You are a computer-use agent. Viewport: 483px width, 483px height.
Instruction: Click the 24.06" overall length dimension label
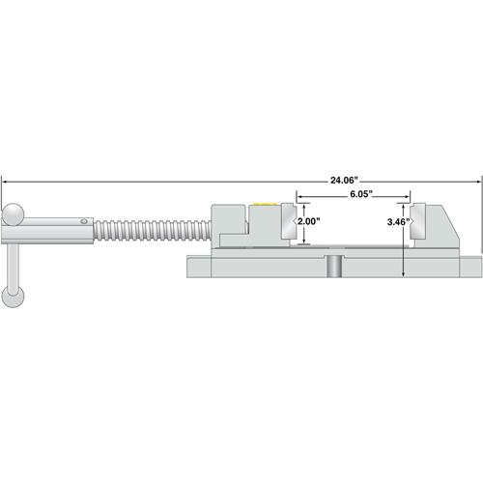tap(344, 181)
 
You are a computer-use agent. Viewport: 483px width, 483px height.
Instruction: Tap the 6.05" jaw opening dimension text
tap(361, 194)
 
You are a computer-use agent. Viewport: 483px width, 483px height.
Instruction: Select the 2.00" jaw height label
tap(308, 221)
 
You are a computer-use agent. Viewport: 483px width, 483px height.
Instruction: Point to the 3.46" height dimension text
tap(398, 222)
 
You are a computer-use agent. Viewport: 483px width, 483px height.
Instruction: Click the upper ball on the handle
tap(13, 214)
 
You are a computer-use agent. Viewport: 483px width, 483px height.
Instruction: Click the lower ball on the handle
tap(13, 297)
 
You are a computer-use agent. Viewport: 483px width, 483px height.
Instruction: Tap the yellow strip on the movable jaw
tap(266, 204)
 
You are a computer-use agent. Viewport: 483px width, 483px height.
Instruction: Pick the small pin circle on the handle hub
tap(84, 221)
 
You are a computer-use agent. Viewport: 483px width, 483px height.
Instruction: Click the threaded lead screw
tap(153, 231)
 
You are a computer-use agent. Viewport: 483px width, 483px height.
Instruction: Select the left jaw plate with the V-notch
tap(289, 221)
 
